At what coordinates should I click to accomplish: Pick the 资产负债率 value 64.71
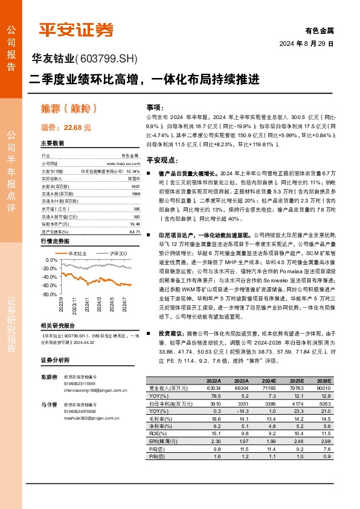click(x=134, y=232)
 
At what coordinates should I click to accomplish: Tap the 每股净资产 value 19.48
click(x=134, y=223)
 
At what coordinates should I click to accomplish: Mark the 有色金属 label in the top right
click(x=320, y=30)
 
